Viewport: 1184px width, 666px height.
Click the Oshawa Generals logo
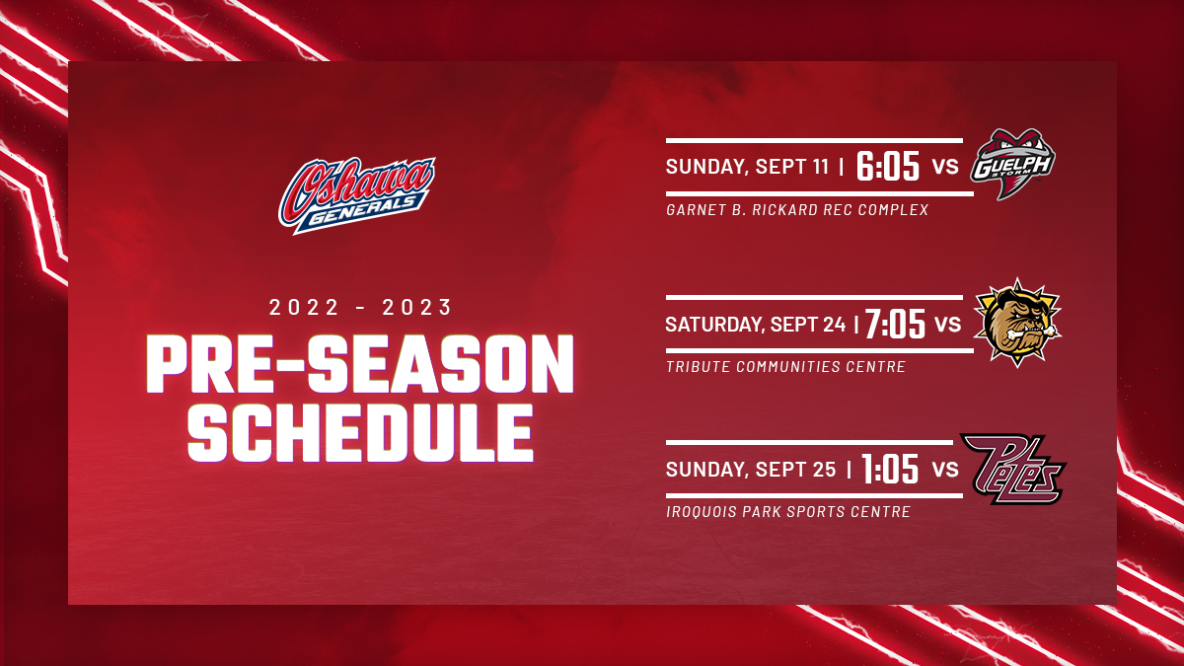[357, 195]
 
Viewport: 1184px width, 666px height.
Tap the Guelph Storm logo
[1012, 164]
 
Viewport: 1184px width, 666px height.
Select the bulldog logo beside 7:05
[1017, 322]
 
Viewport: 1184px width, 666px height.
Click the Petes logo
[1012, 469]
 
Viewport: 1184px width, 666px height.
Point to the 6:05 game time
[888, 167]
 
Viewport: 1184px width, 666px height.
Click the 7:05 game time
[895, 324]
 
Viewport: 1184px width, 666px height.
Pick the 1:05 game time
[890, 469]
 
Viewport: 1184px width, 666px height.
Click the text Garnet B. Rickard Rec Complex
[797, 210]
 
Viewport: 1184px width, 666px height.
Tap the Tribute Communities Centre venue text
[785, 366]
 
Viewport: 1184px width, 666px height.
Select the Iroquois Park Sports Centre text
[788, 512]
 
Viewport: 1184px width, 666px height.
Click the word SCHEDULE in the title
[360, 433]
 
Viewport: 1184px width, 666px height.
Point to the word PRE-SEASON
[360, 364]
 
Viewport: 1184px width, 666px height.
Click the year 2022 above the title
[304, 307]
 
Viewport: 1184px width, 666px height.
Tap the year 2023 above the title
[417, 307]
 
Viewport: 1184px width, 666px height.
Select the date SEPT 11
[791, 167]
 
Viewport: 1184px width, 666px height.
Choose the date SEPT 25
[795, 470]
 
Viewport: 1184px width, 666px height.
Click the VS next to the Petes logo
[945, 470]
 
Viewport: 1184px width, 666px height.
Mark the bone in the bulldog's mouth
[1033, 333]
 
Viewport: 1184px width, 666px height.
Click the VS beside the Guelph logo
[945, 167]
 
